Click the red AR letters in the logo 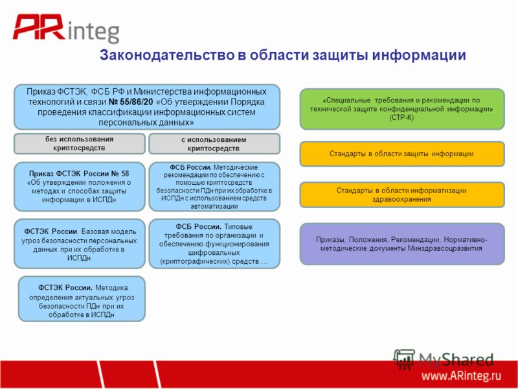point(39,27)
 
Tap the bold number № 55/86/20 point(131,102)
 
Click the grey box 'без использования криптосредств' point(79,143)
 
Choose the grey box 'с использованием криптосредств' point(214,144)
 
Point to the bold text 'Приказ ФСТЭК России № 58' point(79,174)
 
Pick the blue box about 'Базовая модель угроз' point(79,244)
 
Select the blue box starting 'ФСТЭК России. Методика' point(82,299)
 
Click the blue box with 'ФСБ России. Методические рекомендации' point(214,187)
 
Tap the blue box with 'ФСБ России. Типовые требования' point(214,244)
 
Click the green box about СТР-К point(402,109)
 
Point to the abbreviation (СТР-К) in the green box point(401,117)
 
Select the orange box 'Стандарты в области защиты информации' point(402,154)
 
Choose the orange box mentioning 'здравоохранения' point(402,195)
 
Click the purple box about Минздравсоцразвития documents point(402,244)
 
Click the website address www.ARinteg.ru point(461,376)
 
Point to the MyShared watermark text point(456,359)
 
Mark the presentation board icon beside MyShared point(404,359)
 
